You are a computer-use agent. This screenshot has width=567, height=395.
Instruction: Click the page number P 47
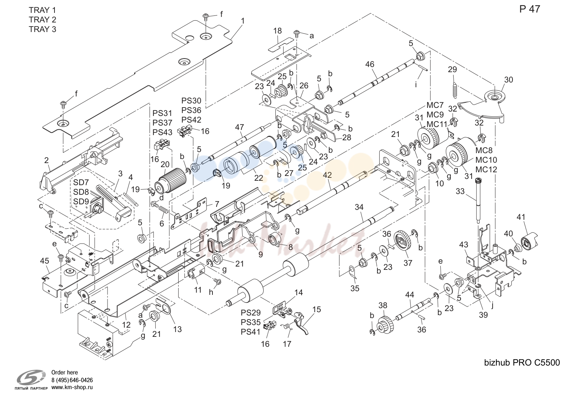[529, 9]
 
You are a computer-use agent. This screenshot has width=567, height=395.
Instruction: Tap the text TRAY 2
[42, 20]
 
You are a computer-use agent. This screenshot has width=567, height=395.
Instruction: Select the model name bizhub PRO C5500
[522, 363]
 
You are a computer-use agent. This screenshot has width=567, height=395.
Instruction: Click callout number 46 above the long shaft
[370, 64]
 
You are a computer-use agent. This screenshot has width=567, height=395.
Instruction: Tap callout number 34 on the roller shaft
[359, 207]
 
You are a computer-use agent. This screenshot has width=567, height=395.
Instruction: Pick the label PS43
[162, 132]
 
